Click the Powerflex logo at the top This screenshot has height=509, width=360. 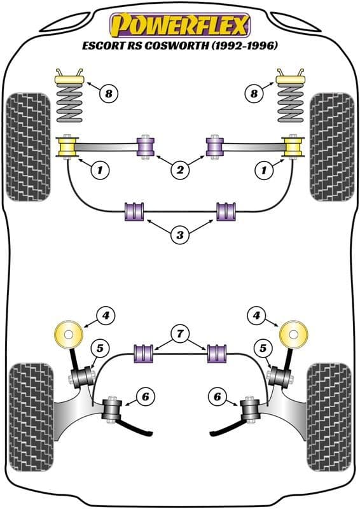(x=180, y=25)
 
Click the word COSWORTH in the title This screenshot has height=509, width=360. (x=176, y=45)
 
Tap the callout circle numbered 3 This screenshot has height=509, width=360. (x=180, y=234)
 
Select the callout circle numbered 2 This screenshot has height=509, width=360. (x=180, y=169)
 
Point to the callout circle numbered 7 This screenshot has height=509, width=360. (x=180, y=333)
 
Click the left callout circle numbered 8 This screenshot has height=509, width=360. (x=108, y=94)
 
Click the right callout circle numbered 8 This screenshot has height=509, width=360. (x=254, y=94)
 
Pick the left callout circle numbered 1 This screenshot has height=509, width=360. (x=99, y=169)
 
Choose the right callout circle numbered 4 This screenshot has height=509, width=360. (x=256, y=315)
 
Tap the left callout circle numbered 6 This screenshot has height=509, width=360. (x=145, y=396)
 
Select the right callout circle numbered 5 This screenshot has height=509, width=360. (x=262, y=348)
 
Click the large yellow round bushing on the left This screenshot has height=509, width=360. (x=68, y=335)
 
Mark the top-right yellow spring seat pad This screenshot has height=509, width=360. (x=291, y=80)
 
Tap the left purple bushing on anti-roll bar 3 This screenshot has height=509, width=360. (x=134, y=212)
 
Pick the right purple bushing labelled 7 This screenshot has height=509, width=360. (x=218, y=354)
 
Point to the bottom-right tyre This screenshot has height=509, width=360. (x=329, y=417)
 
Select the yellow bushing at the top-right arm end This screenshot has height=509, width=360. (x=293, y=147)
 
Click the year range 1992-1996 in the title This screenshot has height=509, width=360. (x=244, y=45)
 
